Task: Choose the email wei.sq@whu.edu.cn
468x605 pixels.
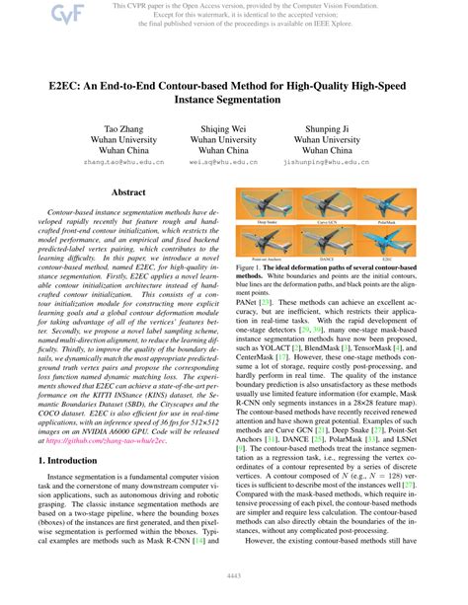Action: click(x=234, y=158)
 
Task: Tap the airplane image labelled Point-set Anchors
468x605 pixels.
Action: click(x=271, y=243)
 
